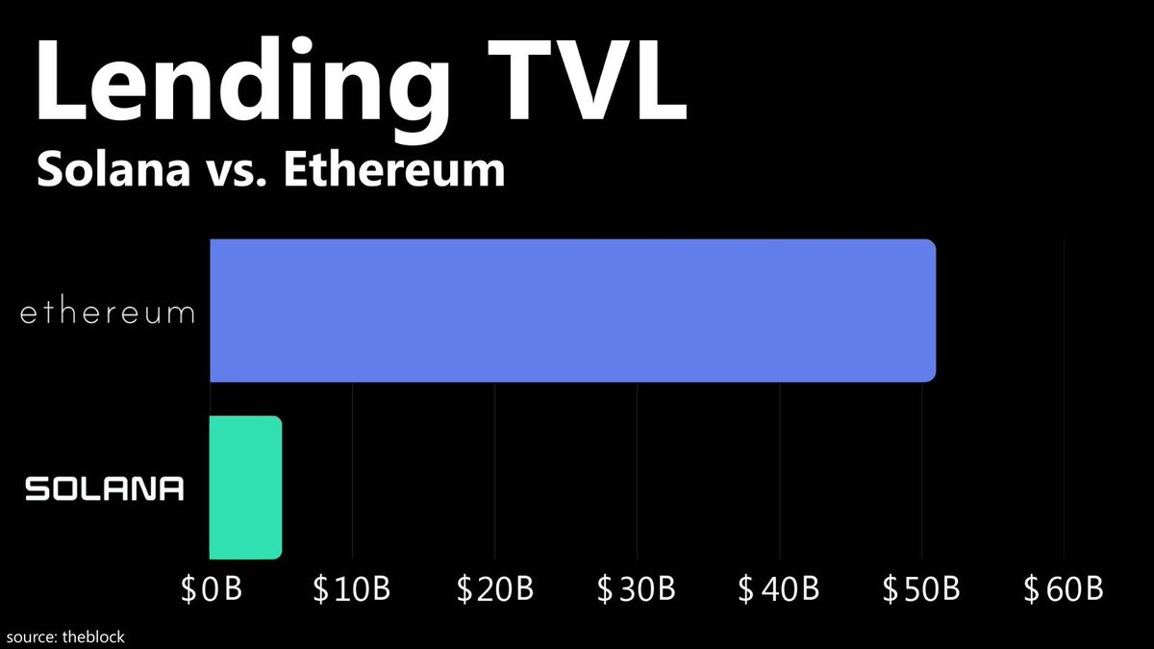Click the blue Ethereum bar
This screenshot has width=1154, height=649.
pos(572,310)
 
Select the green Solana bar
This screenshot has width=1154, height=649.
pos(245,487)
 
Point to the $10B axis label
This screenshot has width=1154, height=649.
pos(352,588)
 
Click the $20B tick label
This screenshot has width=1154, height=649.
pos(494,588)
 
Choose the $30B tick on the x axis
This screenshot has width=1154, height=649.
pos(637,588)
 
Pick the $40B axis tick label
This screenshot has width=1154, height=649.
pos(779,588)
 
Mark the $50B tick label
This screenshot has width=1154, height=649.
pos(921,588)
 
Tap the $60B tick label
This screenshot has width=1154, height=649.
pos(1064,588)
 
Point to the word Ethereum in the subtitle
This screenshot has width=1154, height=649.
pos(399,171)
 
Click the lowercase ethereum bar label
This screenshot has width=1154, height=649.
pos(108,313)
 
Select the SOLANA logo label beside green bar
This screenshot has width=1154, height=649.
pos(105,489)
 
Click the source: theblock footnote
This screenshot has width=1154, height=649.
pos(65,637)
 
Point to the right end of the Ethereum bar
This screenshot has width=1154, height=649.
pos(933,310)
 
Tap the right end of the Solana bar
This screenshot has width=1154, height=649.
pos(279,487)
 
